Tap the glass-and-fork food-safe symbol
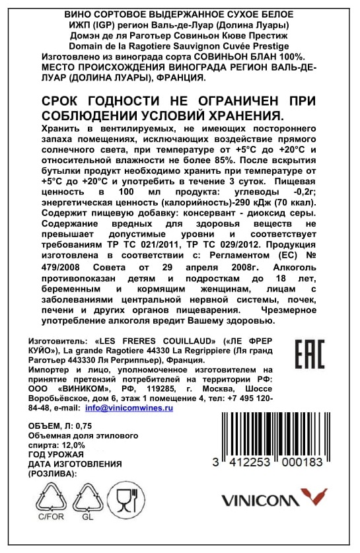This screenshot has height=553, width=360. click(x=126, y=499)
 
